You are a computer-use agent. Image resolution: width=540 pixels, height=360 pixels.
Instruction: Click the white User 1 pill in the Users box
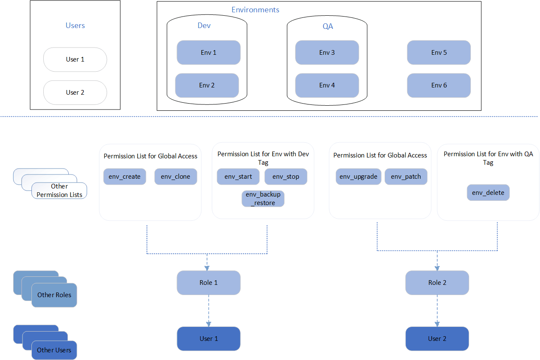click(x=75, y=59)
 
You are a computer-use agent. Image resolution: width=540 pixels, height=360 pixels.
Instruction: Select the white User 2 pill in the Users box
click(x=75, y=93)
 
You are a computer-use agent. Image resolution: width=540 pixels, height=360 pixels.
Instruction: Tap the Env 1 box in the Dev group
click(x=208, y=53)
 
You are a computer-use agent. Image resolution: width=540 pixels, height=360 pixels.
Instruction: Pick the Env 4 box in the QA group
click(x=327, y=85)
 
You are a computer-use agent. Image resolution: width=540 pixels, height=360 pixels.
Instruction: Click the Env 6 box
click(x=439, y=85)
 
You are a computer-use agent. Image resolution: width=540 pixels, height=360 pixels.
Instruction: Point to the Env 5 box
click(x=439, y=53)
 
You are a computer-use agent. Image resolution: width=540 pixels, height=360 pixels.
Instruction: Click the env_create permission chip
click(x=124, y=177)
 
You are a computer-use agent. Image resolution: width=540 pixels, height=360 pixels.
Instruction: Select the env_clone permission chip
click(x=175, y=177)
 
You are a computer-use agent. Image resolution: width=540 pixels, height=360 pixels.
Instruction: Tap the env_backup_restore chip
click(x=263, y=199)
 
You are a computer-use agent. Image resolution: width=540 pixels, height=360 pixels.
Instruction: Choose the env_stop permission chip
click(x=285, y=177)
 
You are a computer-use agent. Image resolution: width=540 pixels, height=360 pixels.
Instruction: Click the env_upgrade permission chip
click(x=358, y=177)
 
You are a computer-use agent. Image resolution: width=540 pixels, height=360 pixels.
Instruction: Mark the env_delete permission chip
click(x=488, y=193)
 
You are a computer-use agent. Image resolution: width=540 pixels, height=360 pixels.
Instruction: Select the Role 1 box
click(x=208, y=283)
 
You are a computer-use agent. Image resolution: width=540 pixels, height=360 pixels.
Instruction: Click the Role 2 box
click(x=437, y=283)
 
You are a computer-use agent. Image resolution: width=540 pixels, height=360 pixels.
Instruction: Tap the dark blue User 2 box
click(x=437, y=339)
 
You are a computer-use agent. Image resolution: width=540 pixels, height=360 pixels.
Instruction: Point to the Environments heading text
click(x=255, y=10)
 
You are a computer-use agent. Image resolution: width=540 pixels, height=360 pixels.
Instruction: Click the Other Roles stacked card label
click(x=54, y=295)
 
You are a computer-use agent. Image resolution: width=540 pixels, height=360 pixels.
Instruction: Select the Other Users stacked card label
click(x=54, y=350)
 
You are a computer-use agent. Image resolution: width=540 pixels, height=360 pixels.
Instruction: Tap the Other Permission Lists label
click(x=59, y=191)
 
